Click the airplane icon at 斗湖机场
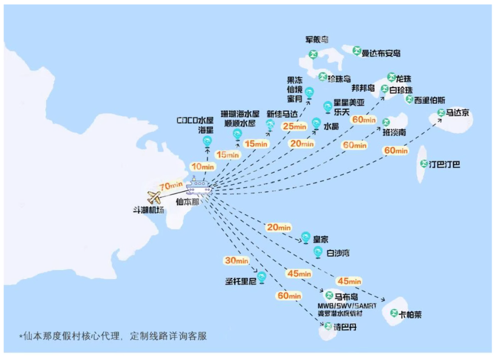(154, 197)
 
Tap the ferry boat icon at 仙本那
(198, 187)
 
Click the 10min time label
(202, 166)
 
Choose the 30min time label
(236, 260)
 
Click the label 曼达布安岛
(380, 53)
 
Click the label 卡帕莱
(410, 315)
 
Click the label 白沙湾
(338, 253)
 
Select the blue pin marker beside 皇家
(305, 237)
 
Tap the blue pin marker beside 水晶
(316, 123)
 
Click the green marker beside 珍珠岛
(322, 76)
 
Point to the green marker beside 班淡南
(386, 122)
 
